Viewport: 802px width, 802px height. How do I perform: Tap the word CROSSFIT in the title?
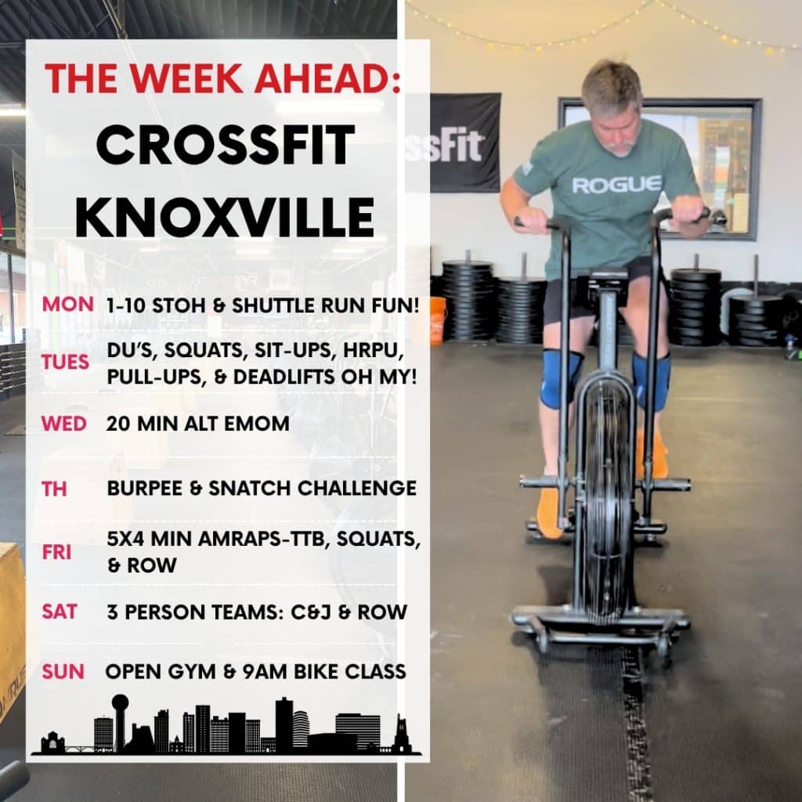coord(226,144)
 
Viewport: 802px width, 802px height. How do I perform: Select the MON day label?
coord(67,305)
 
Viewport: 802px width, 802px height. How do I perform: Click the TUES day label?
coord(66,362)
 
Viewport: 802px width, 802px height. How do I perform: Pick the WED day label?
coord(64,424)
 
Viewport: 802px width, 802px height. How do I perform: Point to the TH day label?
coord(54,489)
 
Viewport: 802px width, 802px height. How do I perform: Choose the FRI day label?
coord(56,552)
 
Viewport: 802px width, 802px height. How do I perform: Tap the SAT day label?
coord(60,612)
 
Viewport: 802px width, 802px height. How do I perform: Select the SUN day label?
coord(63,671)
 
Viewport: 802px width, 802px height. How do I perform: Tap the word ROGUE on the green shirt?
coord(616,185)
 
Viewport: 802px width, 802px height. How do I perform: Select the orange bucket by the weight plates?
coord(439,320)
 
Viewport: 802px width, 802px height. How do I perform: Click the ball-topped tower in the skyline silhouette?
coord(120,722)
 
